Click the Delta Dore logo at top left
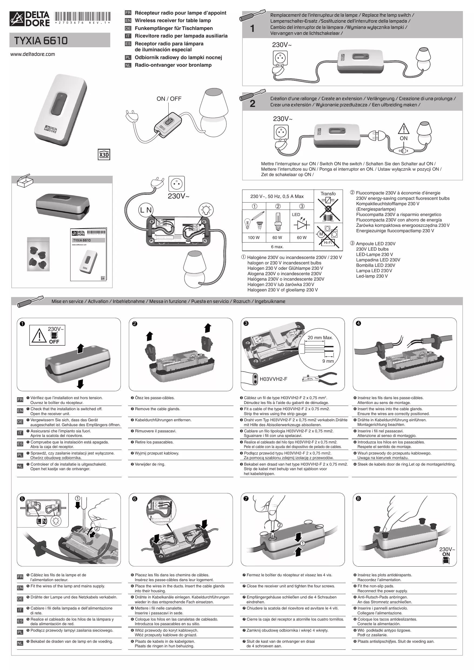coord(29,19)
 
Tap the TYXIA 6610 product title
coord(41,41)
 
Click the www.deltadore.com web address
coord(32,54)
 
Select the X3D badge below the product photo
coord(104,155)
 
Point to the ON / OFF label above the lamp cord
coord(169,99)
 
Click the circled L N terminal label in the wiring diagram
coord(146,210)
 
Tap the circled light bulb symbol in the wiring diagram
coord(206,210)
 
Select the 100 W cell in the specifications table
coord(253,238)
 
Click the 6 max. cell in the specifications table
coord(277,247)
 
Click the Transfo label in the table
coord(328,194)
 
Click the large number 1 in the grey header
coord(252,29)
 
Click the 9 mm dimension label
coord(328,361)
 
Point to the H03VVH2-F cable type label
coord(273,379)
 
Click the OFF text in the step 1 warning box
coord(54,342)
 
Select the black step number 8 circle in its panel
coord(358,499)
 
